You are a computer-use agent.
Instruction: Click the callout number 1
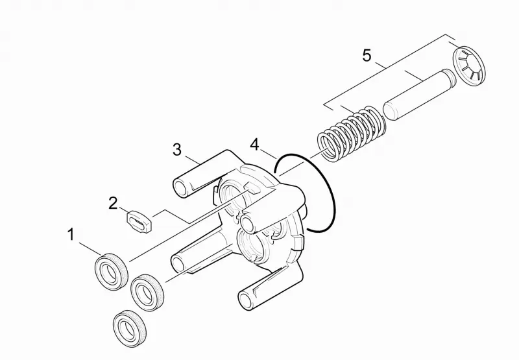tap(71, 234)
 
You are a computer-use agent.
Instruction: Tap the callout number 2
tap(113, 203)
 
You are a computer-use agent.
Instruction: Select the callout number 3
tap(177, 150)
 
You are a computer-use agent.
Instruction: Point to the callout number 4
tap(254, 145)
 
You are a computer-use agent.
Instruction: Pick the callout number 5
tap(367, 55)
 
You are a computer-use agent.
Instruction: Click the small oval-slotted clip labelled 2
tap(139, 221)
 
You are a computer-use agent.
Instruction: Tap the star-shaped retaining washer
tap(468, 66)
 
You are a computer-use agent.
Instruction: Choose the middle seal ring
tap(147, 292)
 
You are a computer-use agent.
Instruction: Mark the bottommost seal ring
tap(130, 329)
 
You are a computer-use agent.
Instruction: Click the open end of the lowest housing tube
tap(245, 300)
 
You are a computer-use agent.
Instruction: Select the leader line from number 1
tap(90, 249)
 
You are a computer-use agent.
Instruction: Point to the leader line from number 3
tap(193, 160)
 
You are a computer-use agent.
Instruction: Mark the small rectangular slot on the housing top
tap(252, 188)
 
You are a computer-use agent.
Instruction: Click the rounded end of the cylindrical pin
tap(390, 112)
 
